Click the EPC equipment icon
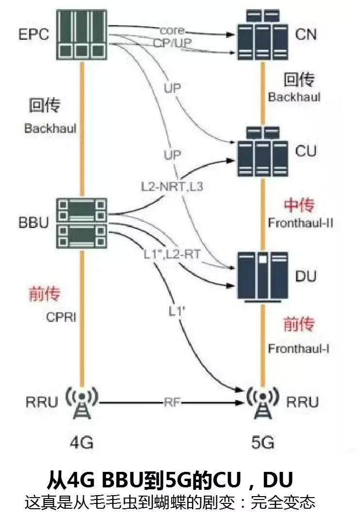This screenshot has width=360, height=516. point(82,33)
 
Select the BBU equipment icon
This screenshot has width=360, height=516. point(82,223)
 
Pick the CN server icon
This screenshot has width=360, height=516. point(262,34)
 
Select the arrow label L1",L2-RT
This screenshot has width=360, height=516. point(169,253)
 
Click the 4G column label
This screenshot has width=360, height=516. point(81,442)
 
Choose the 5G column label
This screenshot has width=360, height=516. point(262,442)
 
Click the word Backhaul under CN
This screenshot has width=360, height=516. point(295,97)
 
